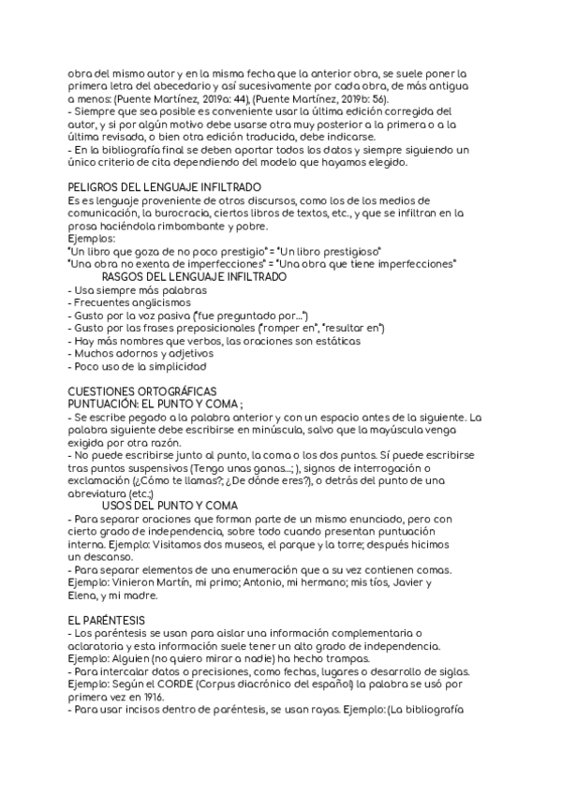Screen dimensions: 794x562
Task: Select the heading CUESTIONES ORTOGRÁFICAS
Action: pos(143,390)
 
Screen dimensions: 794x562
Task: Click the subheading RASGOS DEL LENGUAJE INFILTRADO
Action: pos(194,278)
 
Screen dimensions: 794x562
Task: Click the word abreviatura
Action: pos(100,493)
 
